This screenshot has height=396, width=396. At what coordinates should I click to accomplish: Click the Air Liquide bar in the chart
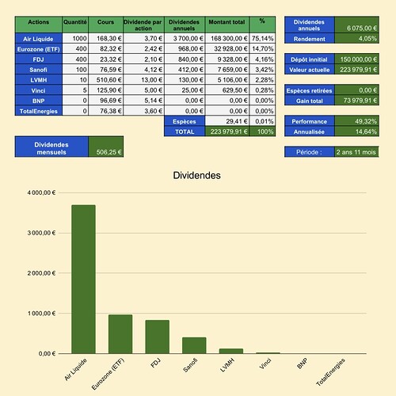(x=83, y=279)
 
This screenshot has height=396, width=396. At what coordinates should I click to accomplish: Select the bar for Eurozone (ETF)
(x=120, y=334)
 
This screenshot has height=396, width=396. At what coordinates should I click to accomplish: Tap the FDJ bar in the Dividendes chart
(x=158, y=337)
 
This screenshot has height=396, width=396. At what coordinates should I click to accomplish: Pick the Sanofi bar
(x=194, y=345)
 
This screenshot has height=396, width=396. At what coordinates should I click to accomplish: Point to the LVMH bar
(x=231, y=351)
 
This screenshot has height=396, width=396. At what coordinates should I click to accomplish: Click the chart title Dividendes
(x=196, y=176)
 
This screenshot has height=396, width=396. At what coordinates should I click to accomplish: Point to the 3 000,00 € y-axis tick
(x=41, y=233)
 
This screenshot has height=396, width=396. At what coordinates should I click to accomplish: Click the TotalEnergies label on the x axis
(x=331, y=372)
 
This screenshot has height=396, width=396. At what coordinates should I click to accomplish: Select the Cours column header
(x=105, y=22)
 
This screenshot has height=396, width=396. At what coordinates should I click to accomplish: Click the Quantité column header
(x=75, y=22)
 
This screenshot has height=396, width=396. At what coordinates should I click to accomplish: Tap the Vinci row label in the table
(x=39, y=90)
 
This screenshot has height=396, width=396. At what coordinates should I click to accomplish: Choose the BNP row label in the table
(x=39, y=101)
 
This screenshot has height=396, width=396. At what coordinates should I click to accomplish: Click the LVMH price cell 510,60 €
(x=109, y=80)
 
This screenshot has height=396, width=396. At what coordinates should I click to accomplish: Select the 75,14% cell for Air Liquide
(x=262, y=39)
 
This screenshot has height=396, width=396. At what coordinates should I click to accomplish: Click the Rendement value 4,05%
(x=367, y=39)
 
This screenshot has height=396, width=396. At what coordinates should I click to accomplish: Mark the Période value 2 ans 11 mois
(x=356, y=152)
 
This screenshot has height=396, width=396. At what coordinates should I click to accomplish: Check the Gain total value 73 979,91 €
(x=360, y=101)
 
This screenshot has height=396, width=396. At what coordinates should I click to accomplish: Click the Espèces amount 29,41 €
(x=237, y=121)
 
